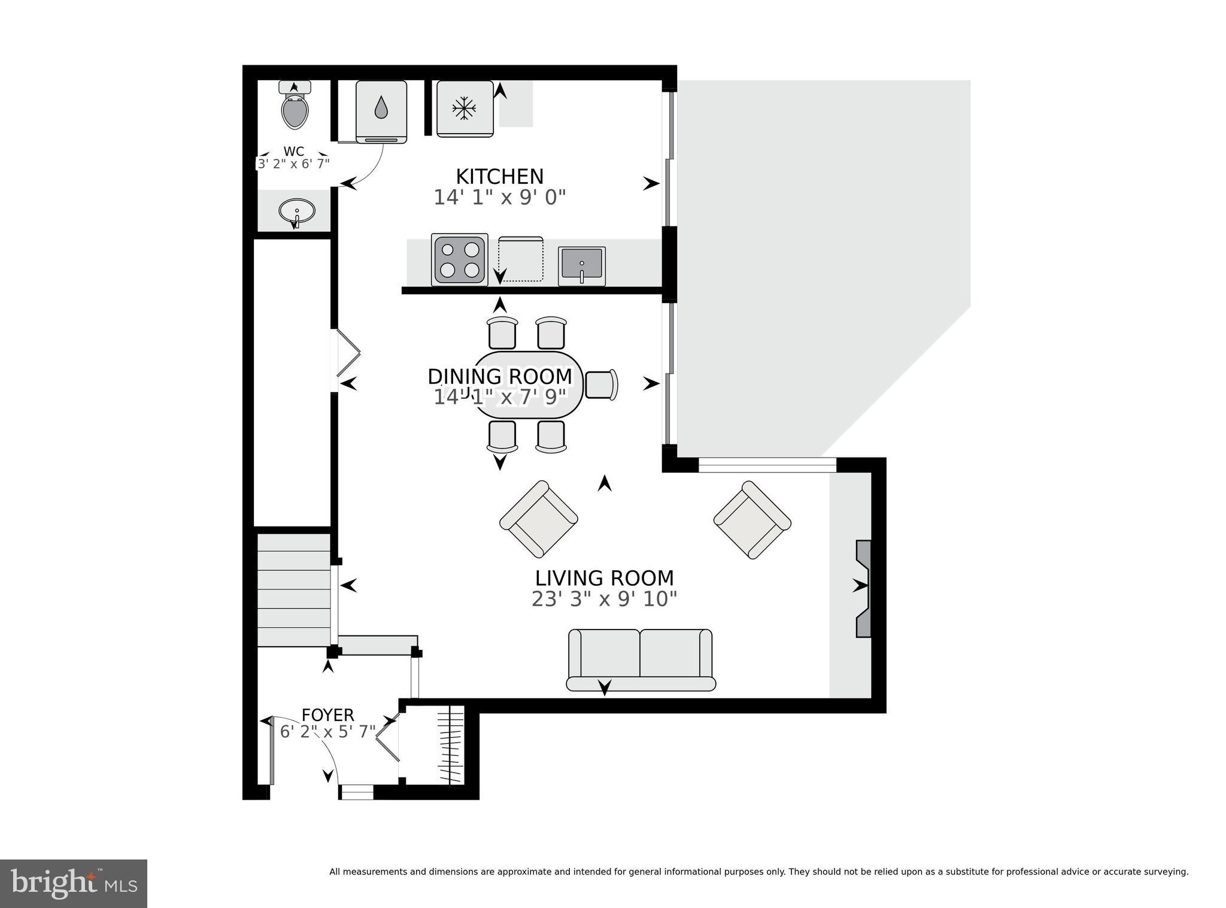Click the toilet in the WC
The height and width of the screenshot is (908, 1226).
coord(295,108)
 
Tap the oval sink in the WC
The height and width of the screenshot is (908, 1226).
coord(296,211)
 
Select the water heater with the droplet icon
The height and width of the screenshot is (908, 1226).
coord(381,111)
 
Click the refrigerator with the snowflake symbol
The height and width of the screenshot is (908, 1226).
coord(465,109)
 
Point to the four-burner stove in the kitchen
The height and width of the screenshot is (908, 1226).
coord(459,259)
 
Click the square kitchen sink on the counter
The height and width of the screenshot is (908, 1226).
coord(581,265)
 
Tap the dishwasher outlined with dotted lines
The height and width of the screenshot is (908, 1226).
coord(521,260)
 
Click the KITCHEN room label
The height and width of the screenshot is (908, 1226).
coord(500,177)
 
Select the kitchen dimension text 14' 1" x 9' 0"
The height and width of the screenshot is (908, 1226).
coord(500,198)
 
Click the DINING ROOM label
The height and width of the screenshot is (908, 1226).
coord(500,376)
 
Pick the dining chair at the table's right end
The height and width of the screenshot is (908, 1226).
coord(601,385)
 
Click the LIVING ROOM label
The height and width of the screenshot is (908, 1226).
coord(605,578)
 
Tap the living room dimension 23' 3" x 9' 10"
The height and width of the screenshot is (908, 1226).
coord(605,599)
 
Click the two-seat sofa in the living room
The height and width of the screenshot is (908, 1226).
coord(641,659)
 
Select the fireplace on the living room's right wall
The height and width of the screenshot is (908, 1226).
coord(863,589)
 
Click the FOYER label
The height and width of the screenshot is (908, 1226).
coord(327,715)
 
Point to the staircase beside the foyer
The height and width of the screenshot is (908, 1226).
coord(294,590)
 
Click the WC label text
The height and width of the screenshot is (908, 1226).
coord(293,152)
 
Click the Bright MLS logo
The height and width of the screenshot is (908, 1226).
coord(73,883)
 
